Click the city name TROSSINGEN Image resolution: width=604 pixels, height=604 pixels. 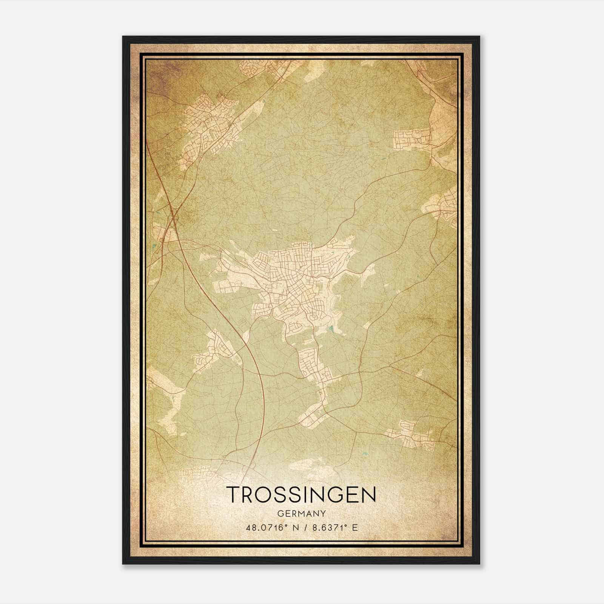(x=302, y=495)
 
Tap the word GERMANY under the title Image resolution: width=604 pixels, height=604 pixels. (x=302, y=513)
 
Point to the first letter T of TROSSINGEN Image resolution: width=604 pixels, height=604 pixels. (x=234, y=495)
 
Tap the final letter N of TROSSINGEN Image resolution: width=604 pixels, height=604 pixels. (x=369, y=495)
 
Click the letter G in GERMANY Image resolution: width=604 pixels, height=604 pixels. (x=280, y=513)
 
